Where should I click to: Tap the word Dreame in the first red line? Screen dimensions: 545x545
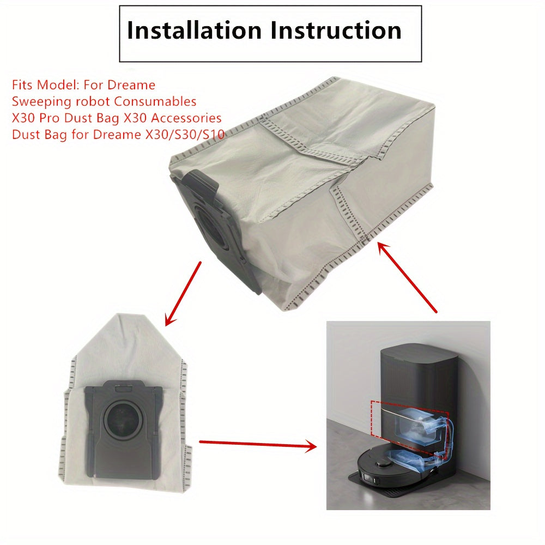click(131, 85)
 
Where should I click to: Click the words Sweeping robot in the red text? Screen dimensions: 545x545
click(59, 101)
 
